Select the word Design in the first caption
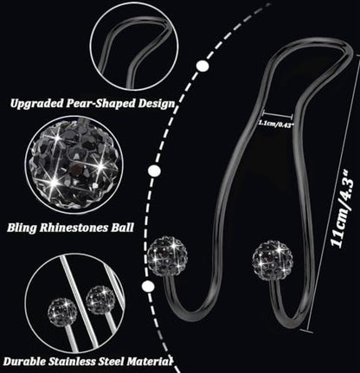coord(157,104)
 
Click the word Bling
coord(22,228)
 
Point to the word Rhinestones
coord(74,228)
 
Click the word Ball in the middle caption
coord(123,228)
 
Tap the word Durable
coord(24,362)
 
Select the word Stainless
coord(73,362)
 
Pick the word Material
coord(150,362)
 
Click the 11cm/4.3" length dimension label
coord(342,209)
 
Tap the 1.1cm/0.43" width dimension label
coord(276,123)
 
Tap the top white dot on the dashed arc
coord(202,66)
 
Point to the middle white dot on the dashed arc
coord(154,171)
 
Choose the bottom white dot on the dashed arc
coord(148,286)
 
